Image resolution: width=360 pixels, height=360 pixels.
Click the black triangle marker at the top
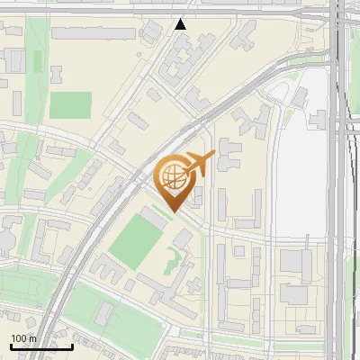[181, 24]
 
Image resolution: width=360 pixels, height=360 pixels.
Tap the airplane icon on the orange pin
[199, 163]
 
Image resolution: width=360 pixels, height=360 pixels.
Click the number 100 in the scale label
[20, 338]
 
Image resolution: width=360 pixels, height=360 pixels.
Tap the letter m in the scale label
[33, 338]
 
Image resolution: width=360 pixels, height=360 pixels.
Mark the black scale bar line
[41, 346]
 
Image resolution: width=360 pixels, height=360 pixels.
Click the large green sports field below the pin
[134, 241]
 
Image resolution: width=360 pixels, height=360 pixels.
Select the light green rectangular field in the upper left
[70, 105]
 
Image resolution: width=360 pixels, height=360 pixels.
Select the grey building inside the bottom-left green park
[105, 313]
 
